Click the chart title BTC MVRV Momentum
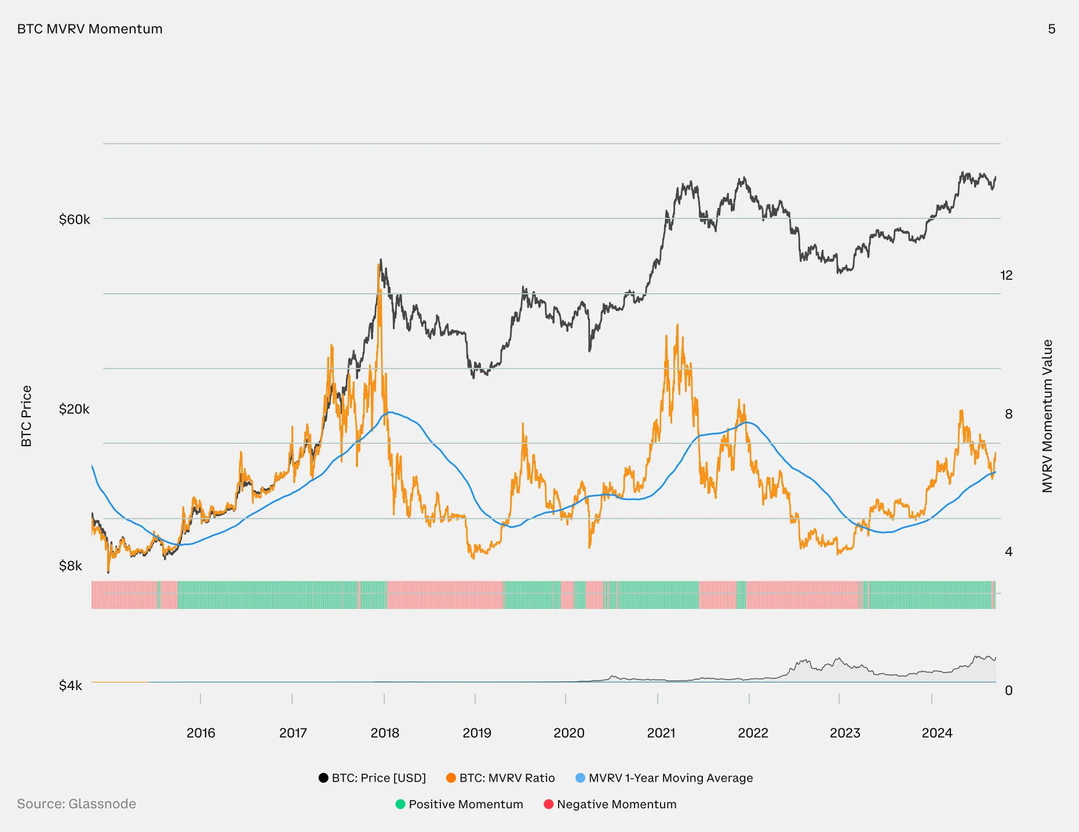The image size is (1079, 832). (x=90, y=29)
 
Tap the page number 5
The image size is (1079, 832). (x=1051, y=29)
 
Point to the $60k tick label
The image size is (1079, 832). (x=74, y=220)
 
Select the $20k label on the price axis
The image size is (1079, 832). (x=74, y=410)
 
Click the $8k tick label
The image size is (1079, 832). (x=71, y=566)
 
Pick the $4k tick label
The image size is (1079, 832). (x=71, y=686)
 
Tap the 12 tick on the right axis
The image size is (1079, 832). (x=1007, y=276)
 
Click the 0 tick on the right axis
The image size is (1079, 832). (x=1008, y=691)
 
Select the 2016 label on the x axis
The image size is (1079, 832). (x=201, y=733)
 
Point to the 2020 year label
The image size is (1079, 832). (x=568, y=733)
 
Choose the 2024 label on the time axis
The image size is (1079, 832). (x=936, y=733)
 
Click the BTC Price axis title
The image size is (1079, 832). (x=27, y=416)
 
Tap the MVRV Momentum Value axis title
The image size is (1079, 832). (x=1047, y=416)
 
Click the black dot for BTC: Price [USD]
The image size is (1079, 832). (x=323, y=778)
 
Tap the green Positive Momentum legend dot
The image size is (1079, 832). (x=400, y=804)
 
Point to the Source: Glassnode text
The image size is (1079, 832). (x=76, y=804)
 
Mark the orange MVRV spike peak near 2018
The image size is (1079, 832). (x=380, y=265)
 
